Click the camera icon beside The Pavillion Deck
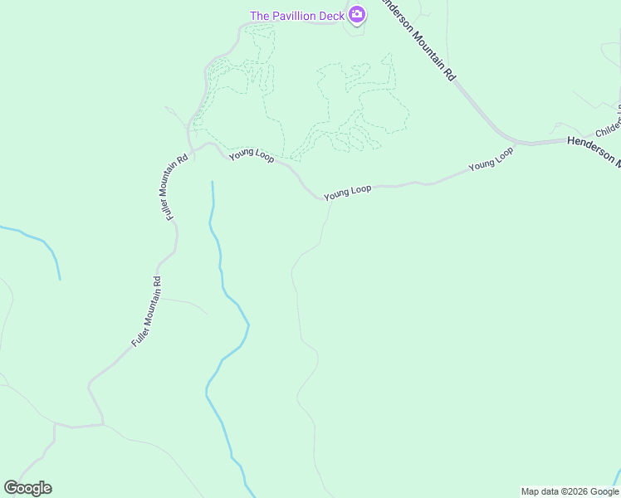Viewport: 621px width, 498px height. tap(357, 14)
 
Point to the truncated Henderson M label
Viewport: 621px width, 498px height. tap(593, 150)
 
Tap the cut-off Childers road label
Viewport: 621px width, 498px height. tap(607, 128)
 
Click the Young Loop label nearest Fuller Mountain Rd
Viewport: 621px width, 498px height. tap(252, 154)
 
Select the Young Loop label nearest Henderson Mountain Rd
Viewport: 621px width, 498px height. tap(491, 159)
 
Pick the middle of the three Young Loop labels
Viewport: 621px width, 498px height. tap(348, 192)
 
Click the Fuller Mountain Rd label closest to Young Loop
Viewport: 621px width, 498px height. tap(176, 187)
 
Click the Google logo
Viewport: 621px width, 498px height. tap(27, 488)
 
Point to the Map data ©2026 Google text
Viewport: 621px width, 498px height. tap(570, 491)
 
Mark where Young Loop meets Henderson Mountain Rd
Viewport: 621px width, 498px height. tap(515, 144)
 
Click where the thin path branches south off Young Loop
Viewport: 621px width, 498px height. tap(330, 200)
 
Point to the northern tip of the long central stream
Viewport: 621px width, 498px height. tap(213, 183)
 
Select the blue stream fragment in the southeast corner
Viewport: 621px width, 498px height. tap(616, 477)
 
